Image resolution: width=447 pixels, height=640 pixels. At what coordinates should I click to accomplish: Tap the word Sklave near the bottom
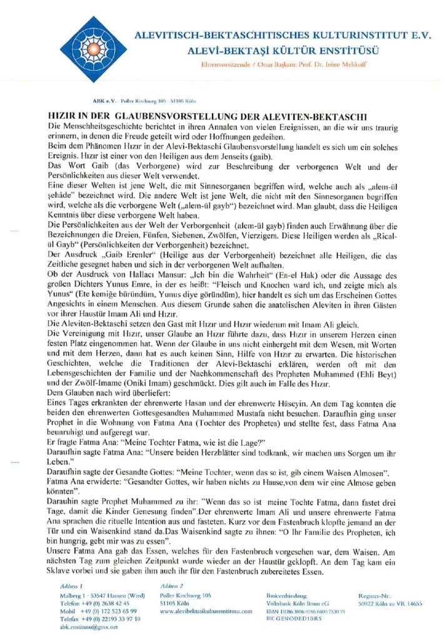tap(63, 561)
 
